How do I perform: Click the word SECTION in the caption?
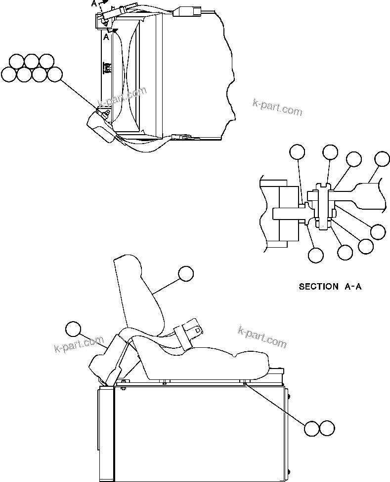(319, 286)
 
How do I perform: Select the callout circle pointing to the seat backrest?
(186, 273)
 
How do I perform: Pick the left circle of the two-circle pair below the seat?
(311, 428)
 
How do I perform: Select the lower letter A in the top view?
(106, 37)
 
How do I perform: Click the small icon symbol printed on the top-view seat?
(106, 68)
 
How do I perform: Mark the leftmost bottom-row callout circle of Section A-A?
(315, 255)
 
